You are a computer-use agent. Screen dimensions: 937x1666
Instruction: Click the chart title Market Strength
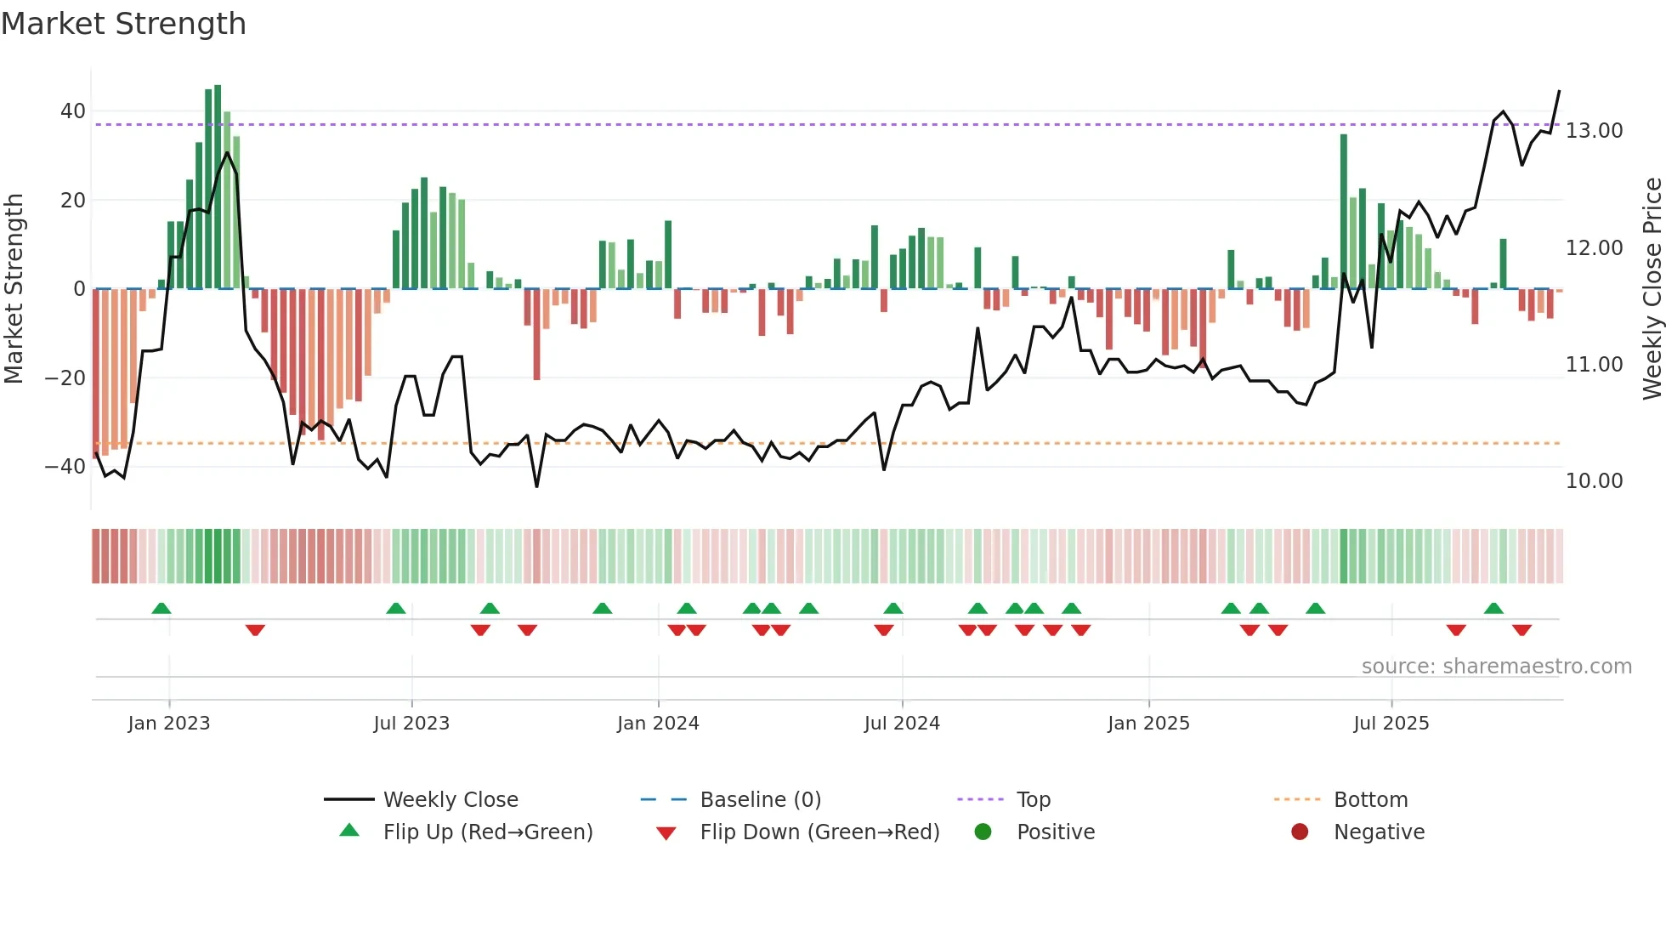pyautogui.click(x=123, y=24)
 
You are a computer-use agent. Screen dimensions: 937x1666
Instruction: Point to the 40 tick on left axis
pyautogui.click(x=73, y=111)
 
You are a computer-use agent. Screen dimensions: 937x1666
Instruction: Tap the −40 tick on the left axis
pyautogui.click(x=65, y=467)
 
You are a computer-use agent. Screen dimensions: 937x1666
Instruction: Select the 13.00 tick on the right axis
pyautogui.click(x=1594, y=131)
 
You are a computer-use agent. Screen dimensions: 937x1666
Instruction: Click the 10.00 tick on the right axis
pyautogui.click(x=1594, y=481)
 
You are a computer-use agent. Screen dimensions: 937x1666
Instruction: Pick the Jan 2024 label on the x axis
pyautogui.click(x=658, y=724)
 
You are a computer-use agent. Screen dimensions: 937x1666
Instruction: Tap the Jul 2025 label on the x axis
pyautogui.click(x=1391, y=724)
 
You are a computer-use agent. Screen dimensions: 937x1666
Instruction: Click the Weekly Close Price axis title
pyautogui.click(x=1652, y=288)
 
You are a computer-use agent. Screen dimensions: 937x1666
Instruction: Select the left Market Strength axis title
pyautogui.click(x=14, y=288)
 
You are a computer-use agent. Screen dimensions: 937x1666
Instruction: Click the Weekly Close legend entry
pyautogui.click(x=450, y=800)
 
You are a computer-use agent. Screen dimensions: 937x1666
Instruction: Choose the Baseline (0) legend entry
pyautogui.click(x=760, y=800)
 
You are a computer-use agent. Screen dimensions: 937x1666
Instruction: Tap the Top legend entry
pyautogui.click(x=1033, y=800)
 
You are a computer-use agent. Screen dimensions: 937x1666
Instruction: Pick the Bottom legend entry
pyautogui.click(x=1370, y=800)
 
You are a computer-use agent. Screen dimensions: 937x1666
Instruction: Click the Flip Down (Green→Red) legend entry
pyautogui.click(x=819, y=832)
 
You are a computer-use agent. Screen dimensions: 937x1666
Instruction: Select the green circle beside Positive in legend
pyautogui.click(x=983, y=832)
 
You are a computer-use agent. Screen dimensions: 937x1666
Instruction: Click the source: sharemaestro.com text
pyautogui.click(x=1496, y=667)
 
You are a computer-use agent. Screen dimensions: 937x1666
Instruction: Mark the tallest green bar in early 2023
pyautogui.click(x=218, y=187)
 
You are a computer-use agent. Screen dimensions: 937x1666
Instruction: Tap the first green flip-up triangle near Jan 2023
pyautogui.click(x=161, y=608)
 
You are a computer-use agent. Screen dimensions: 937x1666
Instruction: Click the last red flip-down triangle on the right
pyautogui.click(x=1521, y=630)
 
